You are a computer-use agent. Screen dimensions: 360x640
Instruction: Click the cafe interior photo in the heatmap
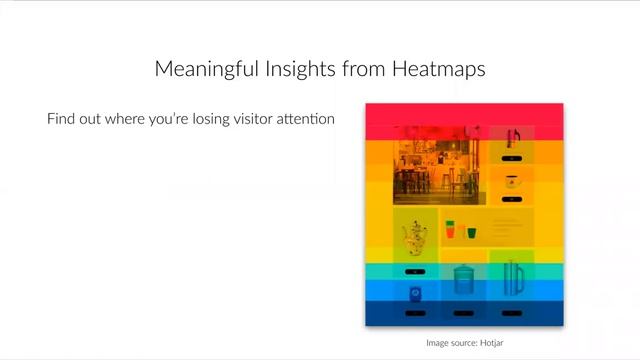[439, 165]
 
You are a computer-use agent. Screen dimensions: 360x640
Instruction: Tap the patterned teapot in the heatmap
[413, 238]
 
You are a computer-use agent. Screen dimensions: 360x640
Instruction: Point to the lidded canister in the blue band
[463, 279]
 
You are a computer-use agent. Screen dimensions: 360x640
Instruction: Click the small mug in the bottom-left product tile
[414, 294]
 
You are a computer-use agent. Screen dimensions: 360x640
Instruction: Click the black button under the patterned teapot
[414, 271]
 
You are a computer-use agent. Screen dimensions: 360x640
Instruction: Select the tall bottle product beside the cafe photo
[512, 138]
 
